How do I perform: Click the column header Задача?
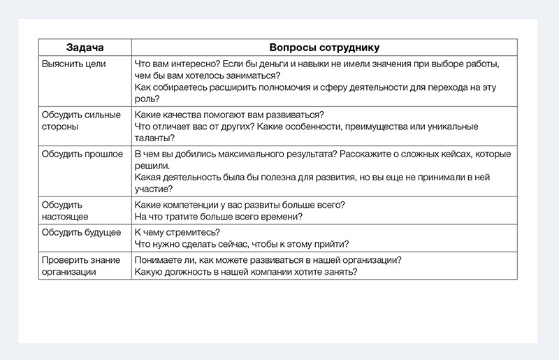(85, 48)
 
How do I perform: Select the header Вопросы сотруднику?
(325, 48)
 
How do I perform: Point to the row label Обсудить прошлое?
(82, 154)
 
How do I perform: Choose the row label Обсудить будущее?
(81, 232)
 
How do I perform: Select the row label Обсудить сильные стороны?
(80, 120)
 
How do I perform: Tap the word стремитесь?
(189, 232)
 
